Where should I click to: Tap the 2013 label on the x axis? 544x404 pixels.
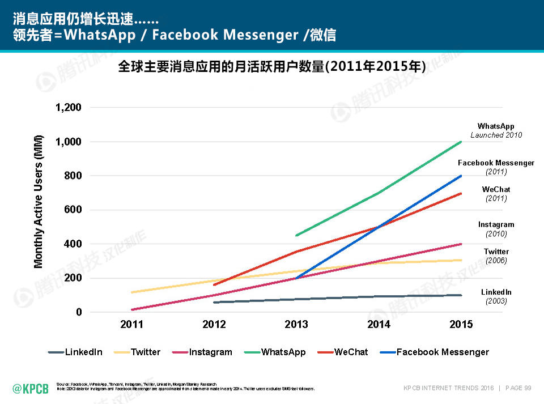click(x=296, y=324)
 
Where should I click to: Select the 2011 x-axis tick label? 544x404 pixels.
click(x=131, y=324)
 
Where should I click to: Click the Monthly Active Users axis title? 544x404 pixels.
click(x=39, y=202)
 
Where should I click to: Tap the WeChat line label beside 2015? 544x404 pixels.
click(x=496, y=189)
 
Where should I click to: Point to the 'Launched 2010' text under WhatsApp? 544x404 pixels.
click(x=496, y=135)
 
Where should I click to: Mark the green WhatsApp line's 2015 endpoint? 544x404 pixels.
click(x=461, y=142)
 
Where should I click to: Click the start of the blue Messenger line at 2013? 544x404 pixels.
click(x=296, y=278)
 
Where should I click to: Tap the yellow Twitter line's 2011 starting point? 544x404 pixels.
click(x=131, y=292)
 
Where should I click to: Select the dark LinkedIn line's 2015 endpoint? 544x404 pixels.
click(x=461, y=295)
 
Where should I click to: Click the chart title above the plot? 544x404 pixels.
click(x=271, y=67)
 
